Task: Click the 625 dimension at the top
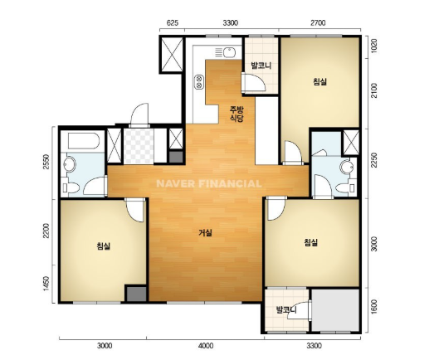[x=172, y=22]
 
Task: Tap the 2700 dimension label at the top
[x=318, y=22]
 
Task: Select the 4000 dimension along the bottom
[x=206, y=346]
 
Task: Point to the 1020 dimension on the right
[x=373, y=46]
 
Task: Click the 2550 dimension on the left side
[x=46, y=162]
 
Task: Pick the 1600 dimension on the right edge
[x=373, y=307]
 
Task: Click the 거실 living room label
[x=205, y=233]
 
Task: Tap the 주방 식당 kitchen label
[x=236, y=114]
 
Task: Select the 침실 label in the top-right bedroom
[x=319, y=81]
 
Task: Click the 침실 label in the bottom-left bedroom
[x=104, y=246]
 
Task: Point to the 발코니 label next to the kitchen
[x=261, y=66]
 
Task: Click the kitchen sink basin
[x=229, y=52]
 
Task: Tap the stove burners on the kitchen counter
[x=198, y=82]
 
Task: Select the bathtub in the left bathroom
[x=84, y=141]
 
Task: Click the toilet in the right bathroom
[x=345, y=188]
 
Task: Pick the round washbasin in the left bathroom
[x=70, y=164]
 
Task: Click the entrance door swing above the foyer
[x=139, y=114]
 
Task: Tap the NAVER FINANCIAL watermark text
[x=209, y=184]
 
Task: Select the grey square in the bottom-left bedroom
[x=136, y=294]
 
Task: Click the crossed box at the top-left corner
[x=172, y=54]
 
